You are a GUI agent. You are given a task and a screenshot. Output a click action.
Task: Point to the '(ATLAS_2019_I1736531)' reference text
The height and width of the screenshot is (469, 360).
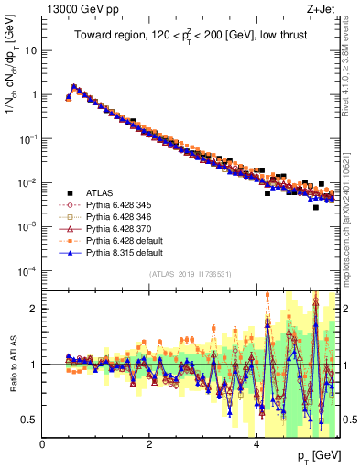[190, 274]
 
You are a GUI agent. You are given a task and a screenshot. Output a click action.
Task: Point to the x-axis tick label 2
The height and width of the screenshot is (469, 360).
[149, 445]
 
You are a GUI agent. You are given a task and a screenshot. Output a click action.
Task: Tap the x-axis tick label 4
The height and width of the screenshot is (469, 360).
[256, 445]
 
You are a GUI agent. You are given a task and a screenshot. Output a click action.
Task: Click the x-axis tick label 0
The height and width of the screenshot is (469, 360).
[43, 445]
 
